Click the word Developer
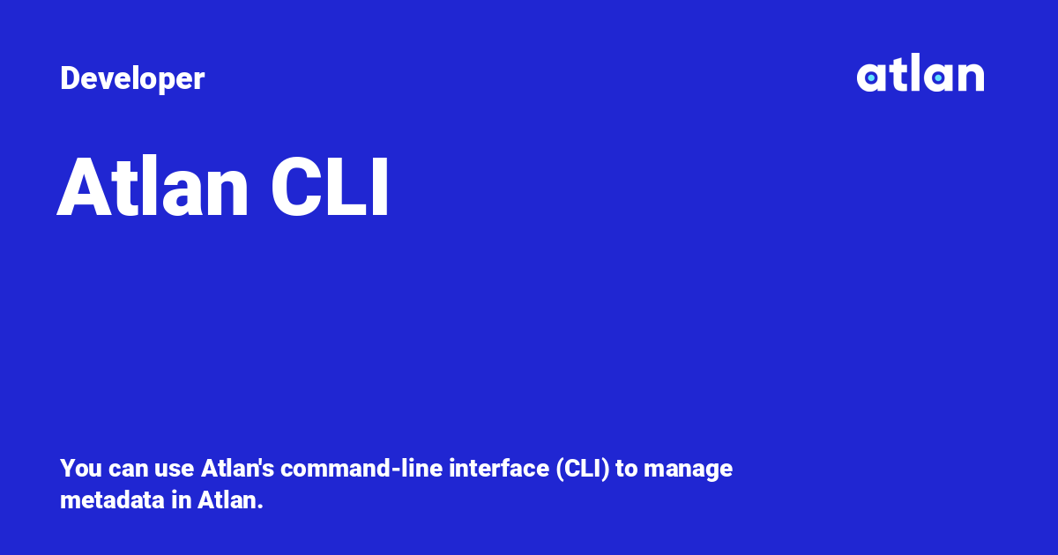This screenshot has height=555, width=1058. tap(132, 79)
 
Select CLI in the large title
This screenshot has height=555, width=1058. tap(330, 189)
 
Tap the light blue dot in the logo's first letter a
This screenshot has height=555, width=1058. tap(871, 78)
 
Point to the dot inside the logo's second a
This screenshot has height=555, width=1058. tap(938, 78)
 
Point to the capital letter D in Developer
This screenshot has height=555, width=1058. tap(69, 79)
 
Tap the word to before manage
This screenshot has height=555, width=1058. tap(626, 469)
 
